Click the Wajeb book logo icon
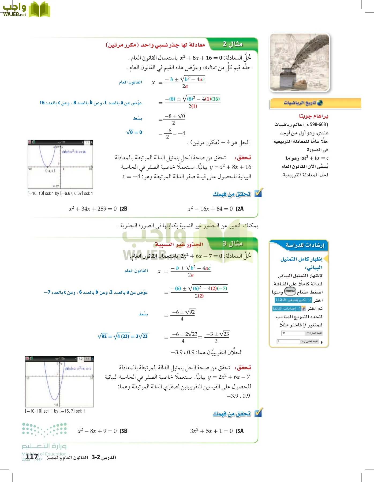[x=39, y=10]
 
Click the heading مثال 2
[x=233, y=44]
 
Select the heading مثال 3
[x=233, y=243]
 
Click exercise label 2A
[x=240, y=209]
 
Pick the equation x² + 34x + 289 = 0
[x=93, y=209]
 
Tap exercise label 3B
[x=124, y=431]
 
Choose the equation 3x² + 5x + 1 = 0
[x=211, y=431]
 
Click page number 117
[x=32, y=457]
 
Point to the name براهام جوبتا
[x=313, y=116]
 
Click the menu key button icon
[x=290, y=291]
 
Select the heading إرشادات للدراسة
[x=305, y=245]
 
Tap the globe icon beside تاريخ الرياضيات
[x=320, y=103]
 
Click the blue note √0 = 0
[x=134, y=132]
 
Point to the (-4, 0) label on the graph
[x=50, y=171]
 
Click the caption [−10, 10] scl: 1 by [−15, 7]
[x=55, y=411]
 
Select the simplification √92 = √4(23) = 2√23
[x=123, y=336]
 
